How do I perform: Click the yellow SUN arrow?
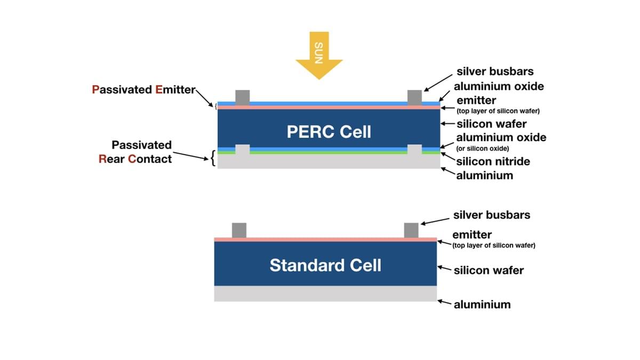(319, 53)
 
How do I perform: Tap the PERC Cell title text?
(329, 132)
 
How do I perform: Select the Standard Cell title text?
(325, 265)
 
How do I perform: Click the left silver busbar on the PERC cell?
(243, 97)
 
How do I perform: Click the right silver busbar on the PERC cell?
(414, 97)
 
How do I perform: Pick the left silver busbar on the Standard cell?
(239, 230)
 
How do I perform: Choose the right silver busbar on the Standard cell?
(411, 230)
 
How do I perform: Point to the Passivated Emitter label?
(144, 90)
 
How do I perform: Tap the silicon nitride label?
(493, 162)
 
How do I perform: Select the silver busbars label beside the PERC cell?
(495, 71)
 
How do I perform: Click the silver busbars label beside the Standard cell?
(492, 215)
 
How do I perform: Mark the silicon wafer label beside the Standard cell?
(489, 270)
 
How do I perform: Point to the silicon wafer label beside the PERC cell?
(491, 124)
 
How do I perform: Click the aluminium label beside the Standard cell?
(482, 305)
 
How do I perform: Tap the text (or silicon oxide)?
(483, 148)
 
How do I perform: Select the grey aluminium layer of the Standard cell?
(325, 294)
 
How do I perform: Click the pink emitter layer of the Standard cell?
(325, 239)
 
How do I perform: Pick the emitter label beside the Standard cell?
(472, 235)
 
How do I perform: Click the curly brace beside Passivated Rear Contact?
(213, 158)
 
